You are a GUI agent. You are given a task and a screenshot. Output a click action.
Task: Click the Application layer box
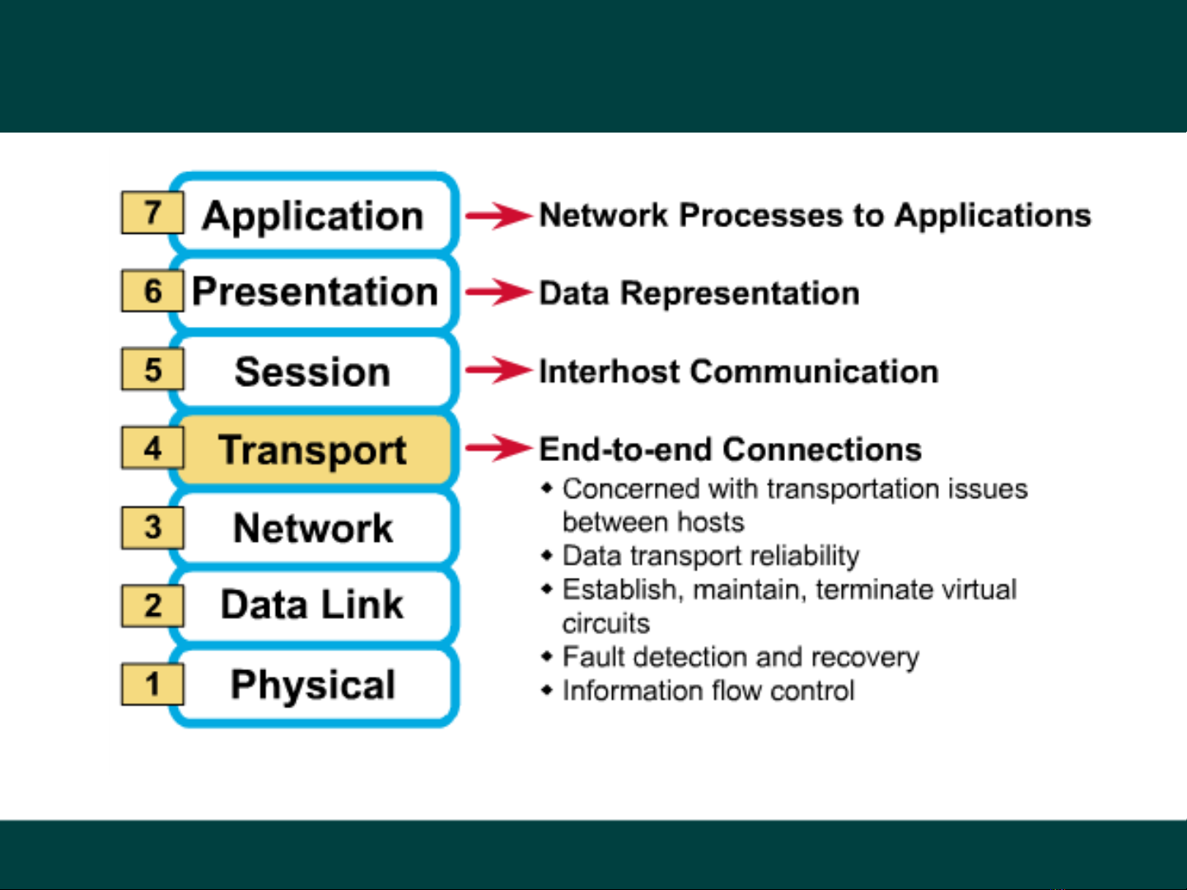(313, 215)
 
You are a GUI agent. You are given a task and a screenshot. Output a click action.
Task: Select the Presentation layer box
(314, 292)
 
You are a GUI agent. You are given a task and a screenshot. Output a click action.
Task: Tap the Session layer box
(313, 371)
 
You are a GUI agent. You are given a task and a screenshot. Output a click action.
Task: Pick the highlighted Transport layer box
(313, 450)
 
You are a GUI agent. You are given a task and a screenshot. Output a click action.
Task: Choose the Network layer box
(313, 528)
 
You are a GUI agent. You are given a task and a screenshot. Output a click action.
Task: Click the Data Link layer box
(313, 605)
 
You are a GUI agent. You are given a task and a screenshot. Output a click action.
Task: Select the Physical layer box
(313, 684)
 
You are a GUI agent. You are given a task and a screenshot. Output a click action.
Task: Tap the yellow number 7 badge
(152, 212)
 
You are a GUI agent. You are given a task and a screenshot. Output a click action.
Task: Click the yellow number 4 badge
(152, 448)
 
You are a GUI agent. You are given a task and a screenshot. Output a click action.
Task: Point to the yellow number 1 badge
(152, 684)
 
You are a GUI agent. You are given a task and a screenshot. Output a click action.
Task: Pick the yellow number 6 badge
(152, 291)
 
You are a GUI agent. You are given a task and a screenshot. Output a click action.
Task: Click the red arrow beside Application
(499, 216)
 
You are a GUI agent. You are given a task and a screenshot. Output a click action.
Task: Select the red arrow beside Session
(499, 370)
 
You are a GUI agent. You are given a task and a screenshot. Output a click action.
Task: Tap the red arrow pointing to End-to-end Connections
(499, 448)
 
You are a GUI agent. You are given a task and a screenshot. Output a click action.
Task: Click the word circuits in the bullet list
(605, 623)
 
